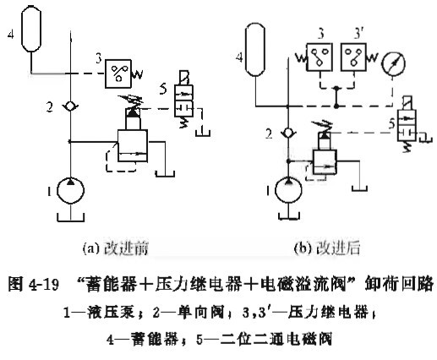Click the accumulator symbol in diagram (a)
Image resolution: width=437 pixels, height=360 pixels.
tap(31, 29)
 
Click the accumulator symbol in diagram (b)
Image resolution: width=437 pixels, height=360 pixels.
tap(255, 50)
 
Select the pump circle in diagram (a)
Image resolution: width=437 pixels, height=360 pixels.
tap(70, 191)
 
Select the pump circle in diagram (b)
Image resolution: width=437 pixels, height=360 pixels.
tap(288, 190)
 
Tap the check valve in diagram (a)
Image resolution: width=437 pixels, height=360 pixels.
tap(70, 106)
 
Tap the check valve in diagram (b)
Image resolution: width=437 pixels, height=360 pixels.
tap(287, 133)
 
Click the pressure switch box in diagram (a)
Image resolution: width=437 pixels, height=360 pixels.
tap(118, 74)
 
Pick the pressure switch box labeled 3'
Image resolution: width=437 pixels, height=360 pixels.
tap(353, 57)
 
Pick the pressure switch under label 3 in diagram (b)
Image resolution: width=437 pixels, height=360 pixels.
tap(320, 57)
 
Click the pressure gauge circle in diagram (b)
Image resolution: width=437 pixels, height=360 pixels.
tap(393, 63)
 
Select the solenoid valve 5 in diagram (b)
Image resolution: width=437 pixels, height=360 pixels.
tap(407, 124)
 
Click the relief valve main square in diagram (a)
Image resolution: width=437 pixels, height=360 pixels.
tap(133, 145)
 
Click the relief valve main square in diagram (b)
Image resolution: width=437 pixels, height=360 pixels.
tap(325, 162)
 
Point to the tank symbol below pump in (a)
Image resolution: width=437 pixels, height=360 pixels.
tap(71, 217)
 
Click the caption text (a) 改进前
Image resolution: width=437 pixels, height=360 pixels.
tap(116, 248)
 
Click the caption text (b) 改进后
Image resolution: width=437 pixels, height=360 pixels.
tap(327, 248)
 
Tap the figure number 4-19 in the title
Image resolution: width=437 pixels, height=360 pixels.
tap(43, 285)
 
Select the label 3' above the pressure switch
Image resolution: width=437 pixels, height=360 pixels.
tap(358, 35)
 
